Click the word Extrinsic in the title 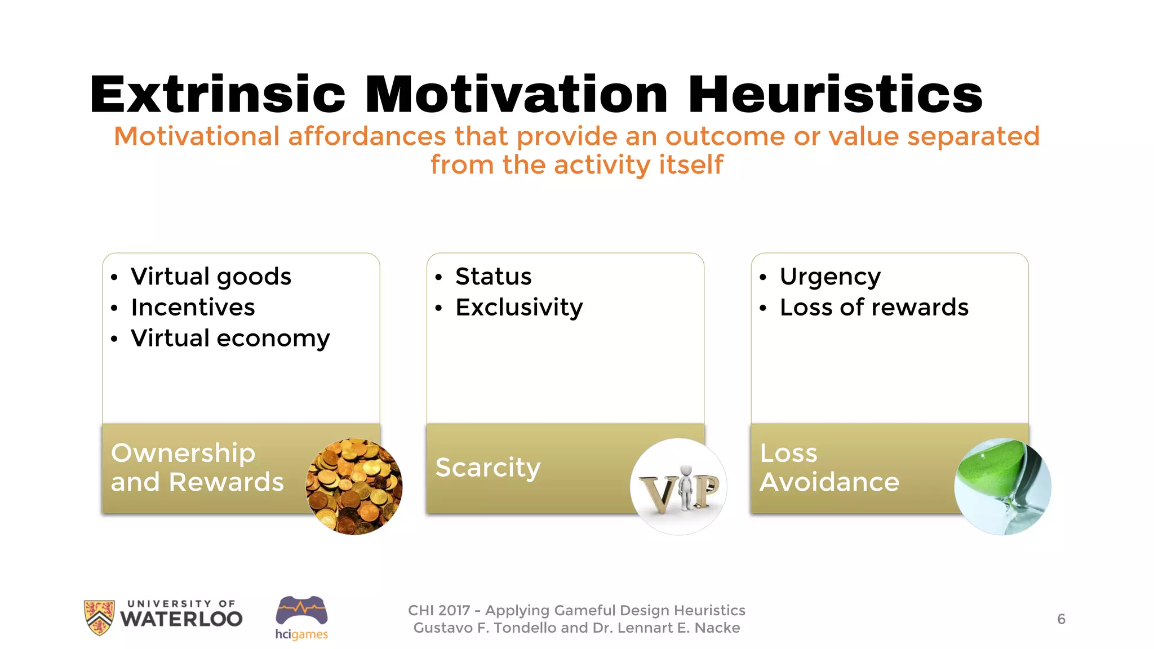coord(218,95)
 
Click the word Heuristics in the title coord(835,95)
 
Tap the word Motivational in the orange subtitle coord(197,136)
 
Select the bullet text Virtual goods coord(211,277)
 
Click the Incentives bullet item coord(193,308)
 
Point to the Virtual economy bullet coord(230,339)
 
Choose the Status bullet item coord(493,277)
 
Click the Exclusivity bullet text coord(519,308)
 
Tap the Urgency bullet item coord(830,277)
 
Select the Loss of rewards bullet coord(874,308)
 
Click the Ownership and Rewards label coord(197,468)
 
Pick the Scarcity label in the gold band coord(488,468)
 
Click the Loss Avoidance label coord(829,468)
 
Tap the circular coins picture coord(354,486)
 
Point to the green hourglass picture coord(1002,486)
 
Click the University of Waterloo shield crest coord(99,617)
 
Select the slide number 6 coord(1061,619)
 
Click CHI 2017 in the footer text coord(438,611)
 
